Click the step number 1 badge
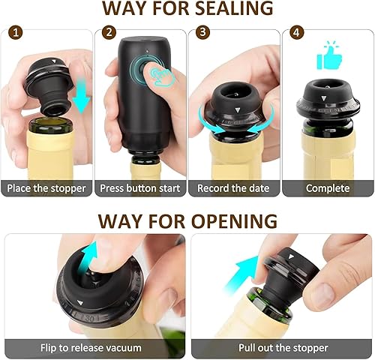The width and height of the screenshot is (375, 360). click(x=16, y=33)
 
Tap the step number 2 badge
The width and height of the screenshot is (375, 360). click(x=109, y=32)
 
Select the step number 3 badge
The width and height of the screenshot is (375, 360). click(x=202, y=32)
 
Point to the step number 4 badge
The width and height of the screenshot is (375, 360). click(x=296, y=33)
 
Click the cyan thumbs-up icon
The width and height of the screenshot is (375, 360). click(x=329, y=56)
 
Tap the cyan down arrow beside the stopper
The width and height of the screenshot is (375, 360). click(x=82, y=96)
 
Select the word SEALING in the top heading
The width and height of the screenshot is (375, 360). click(x=234, y=8)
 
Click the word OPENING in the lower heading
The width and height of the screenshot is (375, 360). click(x=234, y=221)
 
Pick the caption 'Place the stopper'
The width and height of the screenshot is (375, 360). click(x=46, y=188)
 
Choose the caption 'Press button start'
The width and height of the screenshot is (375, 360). click(x=140, y=188)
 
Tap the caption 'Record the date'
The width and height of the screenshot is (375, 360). click(x=233, y=188)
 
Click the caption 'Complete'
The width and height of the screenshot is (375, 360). click(x=328, y=188)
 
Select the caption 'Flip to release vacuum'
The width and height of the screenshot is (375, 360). click(x=91, y=348)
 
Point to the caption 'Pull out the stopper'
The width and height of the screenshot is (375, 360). click(x=283, y=348)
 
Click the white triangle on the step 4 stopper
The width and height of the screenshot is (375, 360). click(x=325, y=97)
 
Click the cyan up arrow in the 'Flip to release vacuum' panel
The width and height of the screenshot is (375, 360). click(x=87, y=257)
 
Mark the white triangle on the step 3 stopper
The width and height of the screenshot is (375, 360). click(x=238, y=109)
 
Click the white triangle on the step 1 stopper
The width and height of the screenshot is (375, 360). click(x=54, y=61)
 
